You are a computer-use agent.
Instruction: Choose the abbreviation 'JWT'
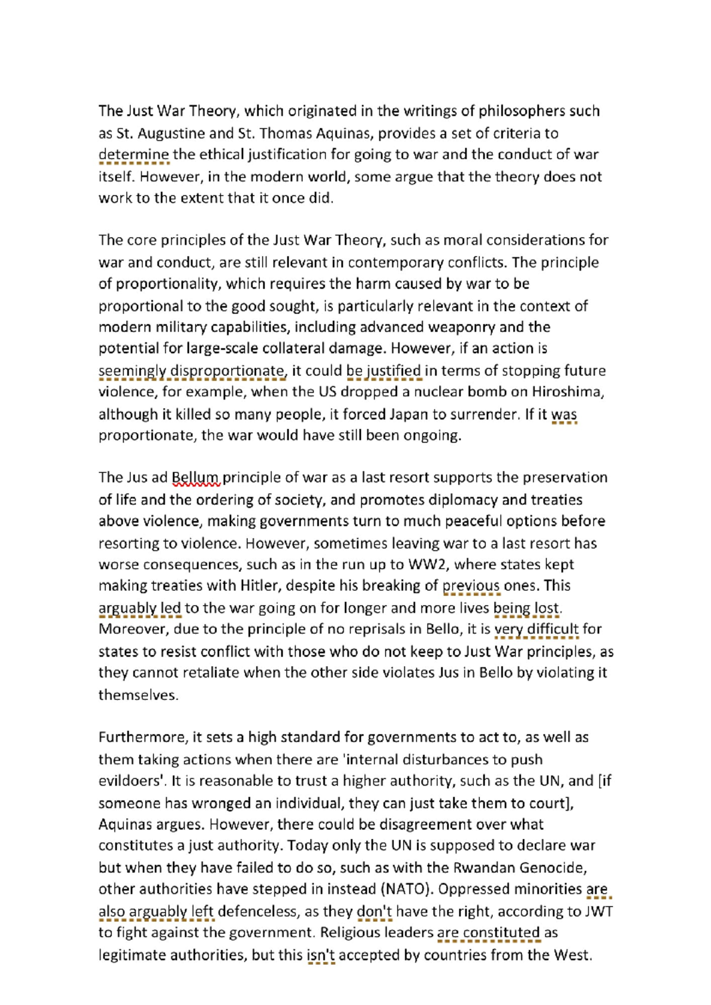click(x=598, y=911)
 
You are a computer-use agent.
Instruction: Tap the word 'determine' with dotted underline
click(x=134, y=155)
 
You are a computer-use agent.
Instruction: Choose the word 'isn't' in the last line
click(x=321, y=955)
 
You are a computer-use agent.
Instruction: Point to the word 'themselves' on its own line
click(x=137, y=695)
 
